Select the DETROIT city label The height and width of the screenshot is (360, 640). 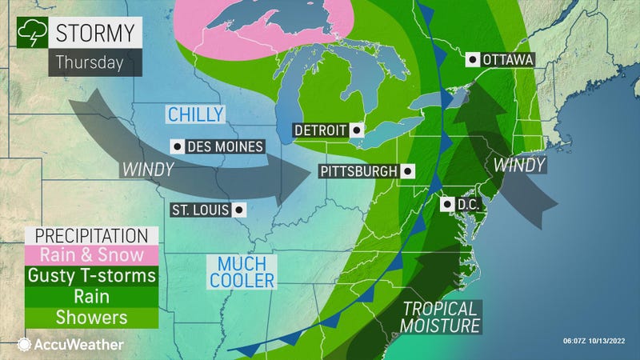point(318,130)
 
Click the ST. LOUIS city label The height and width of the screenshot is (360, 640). point(200,210)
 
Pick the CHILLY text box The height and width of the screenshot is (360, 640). point(194,115)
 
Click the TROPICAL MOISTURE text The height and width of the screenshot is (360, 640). point(440,316)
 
